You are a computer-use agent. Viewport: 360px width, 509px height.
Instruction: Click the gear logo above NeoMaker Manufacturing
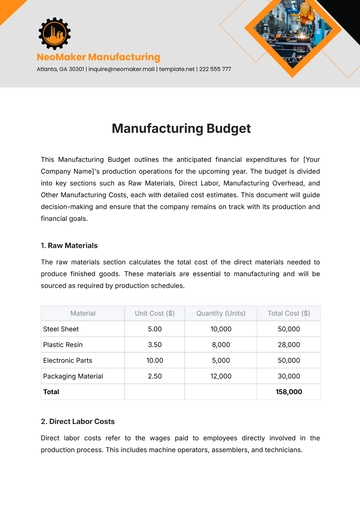pyautogui.click(x=54, y=32)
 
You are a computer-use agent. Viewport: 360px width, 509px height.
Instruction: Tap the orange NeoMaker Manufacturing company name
pyautogui.click(x=98, y=57)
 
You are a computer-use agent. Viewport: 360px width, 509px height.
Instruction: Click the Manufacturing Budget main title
pyautogui.click(x=180, y=128)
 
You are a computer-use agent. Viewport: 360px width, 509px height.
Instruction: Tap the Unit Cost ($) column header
pyautogui.click(x=155, y=313)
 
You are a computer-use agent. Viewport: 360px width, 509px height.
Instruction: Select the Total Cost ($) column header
pyautogui.click(x=289, y=313)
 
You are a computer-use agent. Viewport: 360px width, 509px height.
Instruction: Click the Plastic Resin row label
pyautogui.click(x=64, y=344)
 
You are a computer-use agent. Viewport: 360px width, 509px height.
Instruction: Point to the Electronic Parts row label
pyautogui.click(x=70, y=360)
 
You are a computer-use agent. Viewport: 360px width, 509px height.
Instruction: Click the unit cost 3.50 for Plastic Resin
pyautogui.click(x=155, y=344)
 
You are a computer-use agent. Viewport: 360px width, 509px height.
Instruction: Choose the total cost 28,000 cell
pyautogui.click(x=289, y=344)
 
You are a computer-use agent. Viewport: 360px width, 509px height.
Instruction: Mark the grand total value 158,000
pyautogui.click(x=289, y=391)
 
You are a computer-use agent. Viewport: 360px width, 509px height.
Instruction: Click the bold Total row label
pyautogui.click(x=51, y=391)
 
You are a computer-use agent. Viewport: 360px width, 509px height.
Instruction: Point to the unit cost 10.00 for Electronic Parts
pyautogui.click(x=155, y=360)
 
